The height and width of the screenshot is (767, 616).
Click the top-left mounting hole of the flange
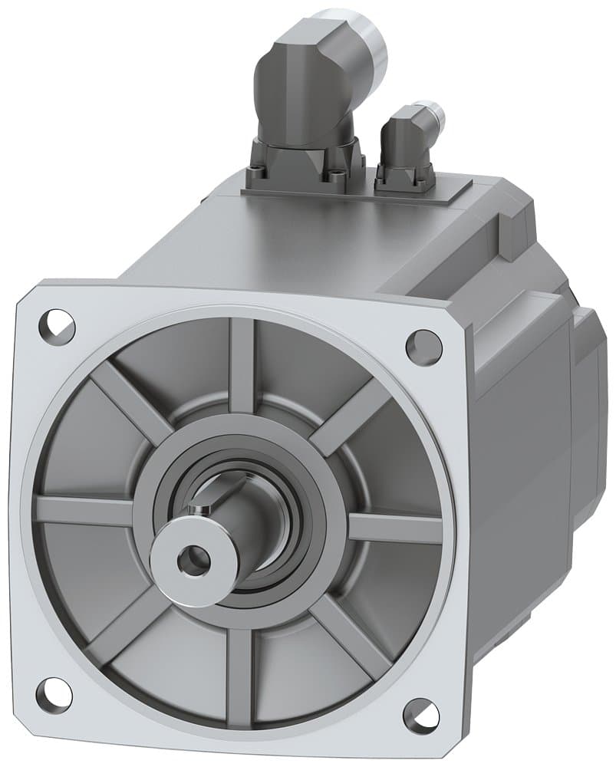point(58,326)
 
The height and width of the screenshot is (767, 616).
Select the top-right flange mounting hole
point(423,346)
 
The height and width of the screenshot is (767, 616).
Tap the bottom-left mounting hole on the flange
point(54,693)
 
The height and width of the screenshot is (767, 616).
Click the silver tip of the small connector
point(433,114)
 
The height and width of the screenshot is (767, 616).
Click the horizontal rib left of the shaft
point(84,510)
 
